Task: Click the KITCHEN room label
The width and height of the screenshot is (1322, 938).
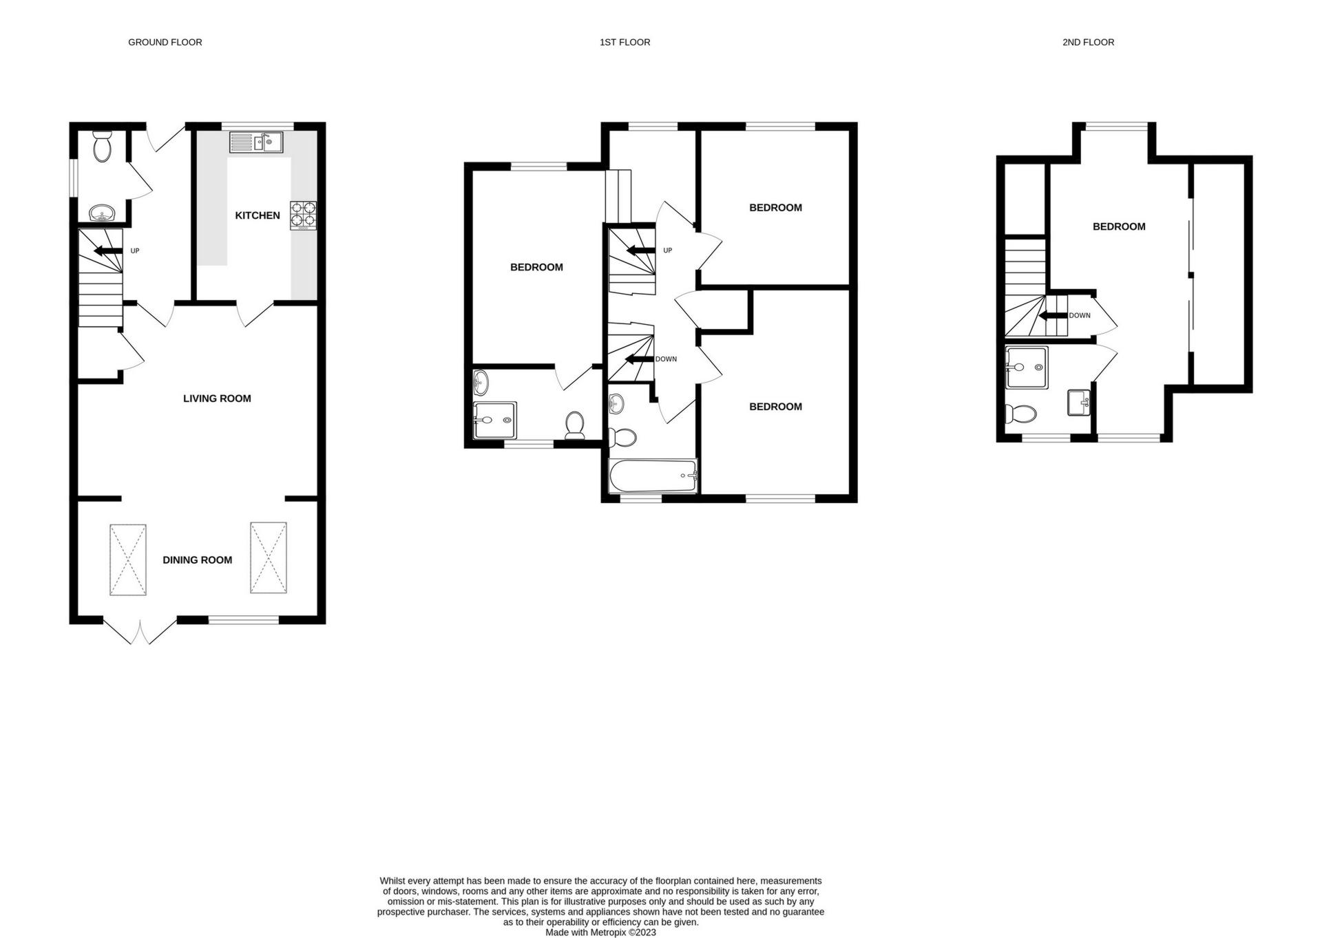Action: pos(258,215)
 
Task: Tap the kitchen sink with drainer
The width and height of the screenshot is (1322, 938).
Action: pos(256,142)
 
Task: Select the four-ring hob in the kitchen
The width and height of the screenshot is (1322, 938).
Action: pos(303,214)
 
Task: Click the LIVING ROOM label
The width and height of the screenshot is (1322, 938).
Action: pos(217,398)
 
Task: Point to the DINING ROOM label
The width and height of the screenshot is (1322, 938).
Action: pos(197,560)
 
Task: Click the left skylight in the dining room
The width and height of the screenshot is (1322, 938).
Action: pos(128,559)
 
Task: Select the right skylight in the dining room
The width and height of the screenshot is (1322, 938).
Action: pos(269,557)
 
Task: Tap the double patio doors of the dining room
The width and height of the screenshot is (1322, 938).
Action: pos(140,630)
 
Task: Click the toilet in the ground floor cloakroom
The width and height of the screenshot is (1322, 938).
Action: pos(103,147)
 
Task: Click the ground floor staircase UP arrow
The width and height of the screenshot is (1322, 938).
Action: pos(107,251)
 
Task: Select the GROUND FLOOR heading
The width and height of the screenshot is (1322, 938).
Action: pos(165,43)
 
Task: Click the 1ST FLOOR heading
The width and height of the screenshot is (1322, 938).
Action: pos(625,43)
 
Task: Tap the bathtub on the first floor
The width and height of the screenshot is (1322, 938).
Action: pos(653,476)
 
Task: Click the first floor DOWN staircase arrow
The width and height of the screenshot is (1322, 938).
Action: pos(640,359)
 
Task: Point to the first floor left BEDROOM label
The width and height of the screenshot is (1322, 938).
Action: pos(536,268)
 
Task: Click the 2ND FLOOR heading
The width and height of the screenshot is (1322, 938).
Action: pos(1088,43)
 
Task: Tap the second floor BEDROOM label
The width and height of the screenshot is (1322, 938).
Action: pos(1119,226)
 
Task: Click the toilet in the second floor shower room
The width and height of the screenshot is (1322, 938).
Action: pos(1021,414)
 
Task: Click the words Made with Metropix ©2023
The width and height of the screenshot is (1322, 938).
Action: pos(600,932)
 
